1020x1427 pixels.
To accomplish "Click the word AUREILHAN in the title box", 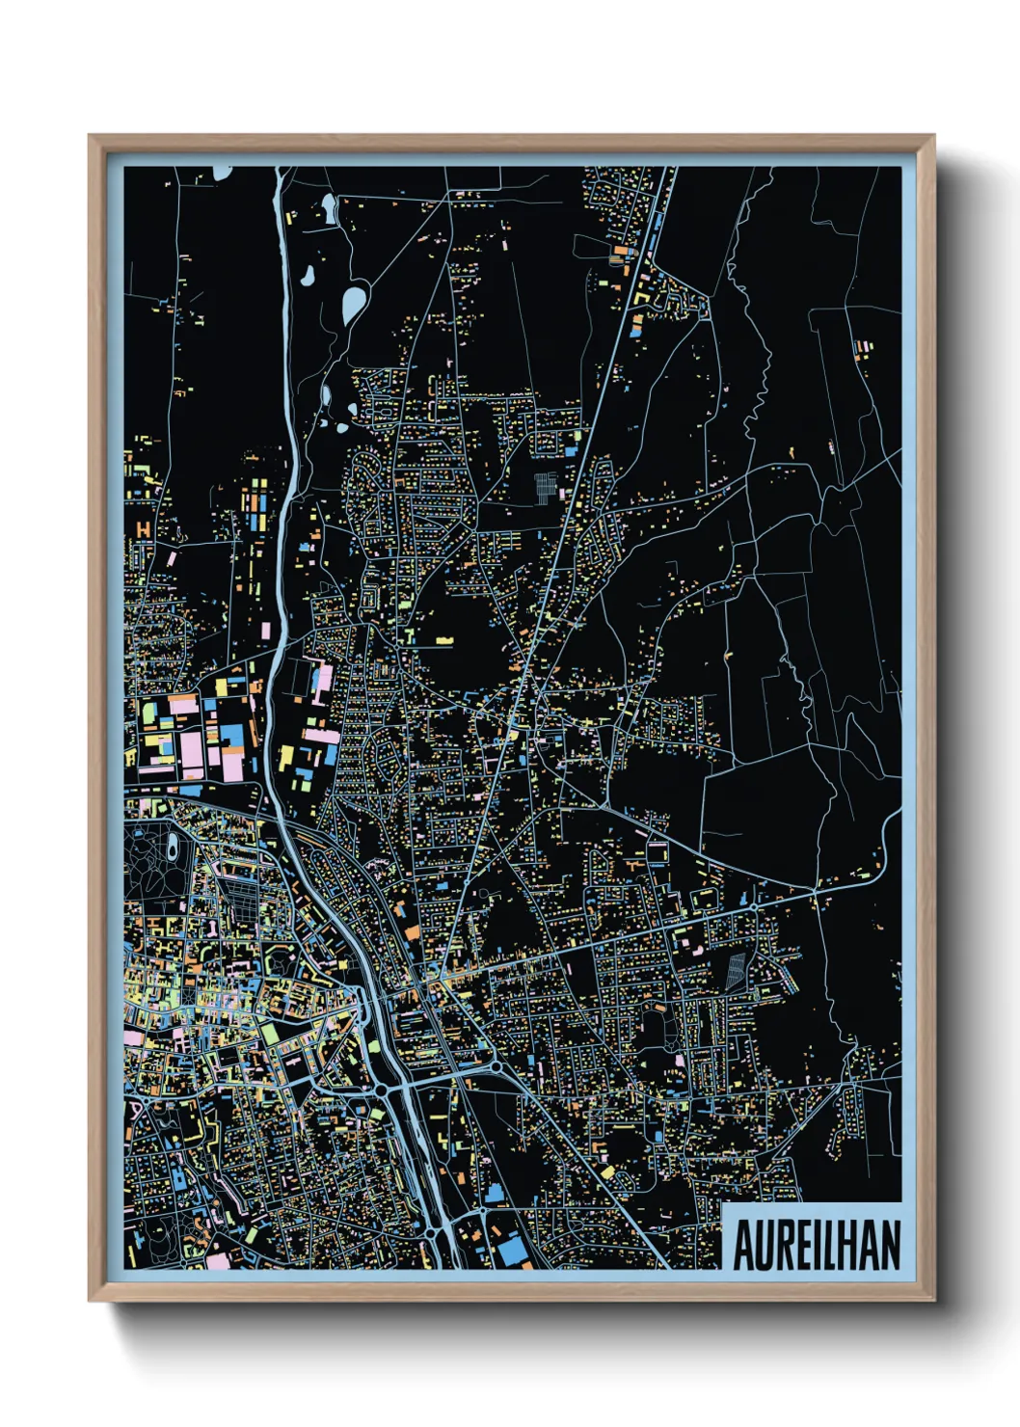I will [816, 1246].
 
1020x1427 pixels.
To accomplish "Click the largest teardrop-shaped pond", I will [354, 305].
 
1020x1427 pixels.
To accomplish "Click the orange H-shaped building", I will [144, 529].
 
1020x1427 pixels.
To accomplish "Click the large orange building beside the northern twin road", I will [617, 256].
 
